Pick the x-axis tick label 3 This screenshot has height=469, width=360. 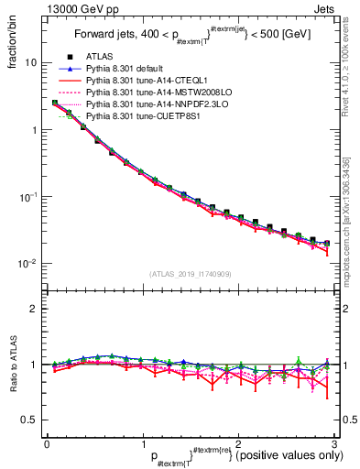pyautogui.click(x=334, y=443)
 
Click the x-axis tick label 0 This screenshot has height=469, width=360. pyautogui.click(x=47, y=443)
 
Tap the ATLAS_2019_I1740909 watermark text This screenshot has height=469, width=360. pyautogui.click(x=190, y=274)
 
